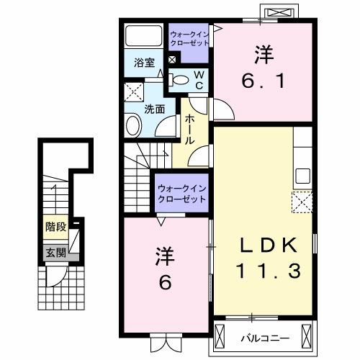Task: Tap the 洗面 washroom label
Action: tap(155, 109)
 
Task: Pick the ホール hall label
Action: tap(189, 130)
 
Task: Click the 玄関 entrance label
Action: tap(55, 252)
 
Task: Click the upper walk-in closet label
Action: tap(189, 38)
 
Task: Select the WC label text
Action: tap(199, 80)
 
